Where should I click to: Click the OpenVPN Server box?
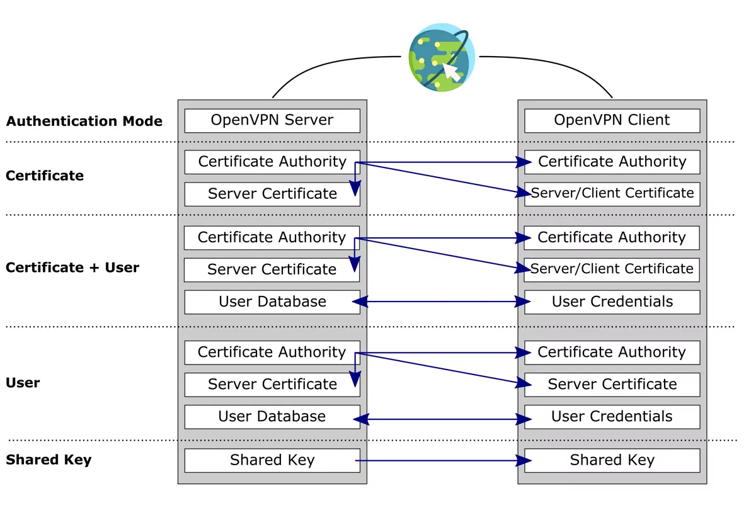[272, 120]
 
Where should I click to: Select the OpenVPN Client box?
[612, 120]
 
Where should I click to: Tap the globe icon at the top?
[439, 57]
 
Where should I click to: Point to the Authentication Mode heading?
[84, 121]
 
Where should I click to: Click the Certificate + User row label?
[72, 268]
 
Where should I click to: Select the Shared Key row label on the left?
[49, 460]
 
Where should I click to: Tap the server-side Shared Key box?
[272, 460]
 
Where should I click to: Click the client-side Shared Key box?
[612, 460]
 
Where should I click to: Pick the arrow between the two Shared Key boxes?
[441, 461]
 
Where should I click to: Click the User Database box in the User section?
[272, 417]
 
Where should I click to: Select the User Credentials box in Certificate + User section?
[612, 302]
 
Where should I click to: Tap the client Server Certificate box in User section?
[612, 384]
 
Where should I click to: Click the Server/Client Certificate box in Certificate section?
[612, 193]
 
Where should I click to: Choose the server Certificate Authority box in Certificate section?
[272, 162]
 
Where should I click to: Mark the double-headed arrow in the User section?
[441, 419]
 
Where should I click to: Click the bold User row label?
[23, 383]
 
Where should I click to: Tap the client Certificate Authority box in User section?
[612, 352]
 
